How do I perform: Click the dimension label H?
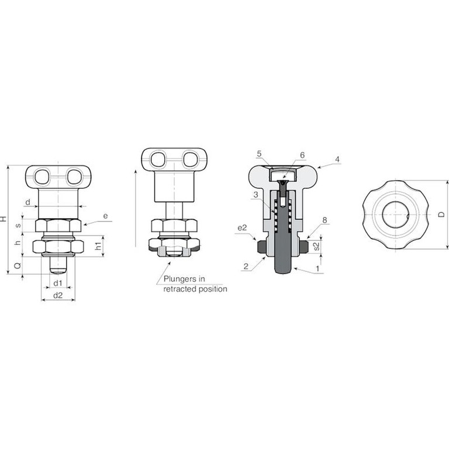point(4,219)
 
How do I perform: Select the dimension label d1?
point(58,284)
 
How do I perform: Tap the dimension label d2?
point(58,295)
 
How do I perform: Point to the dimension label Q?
point(18,266)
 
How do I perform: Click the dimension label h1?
point(98,246)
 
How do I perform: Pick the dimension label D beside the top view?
point(442,214)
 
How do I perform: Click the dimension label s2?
point(316,246)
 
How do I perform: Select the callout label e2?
point(242,228)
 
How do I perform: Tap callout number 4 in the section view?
point(337,159)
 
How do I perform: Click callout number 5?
point(259,154)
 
